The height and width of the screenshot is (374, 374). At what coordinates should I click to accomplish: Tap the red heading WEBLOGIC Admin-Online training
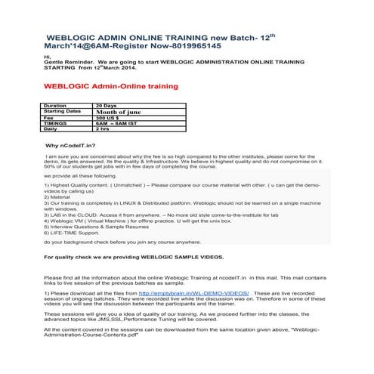[112, 87]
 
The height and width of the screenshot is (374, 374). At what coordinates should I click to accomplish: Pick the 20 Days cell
[107, 106]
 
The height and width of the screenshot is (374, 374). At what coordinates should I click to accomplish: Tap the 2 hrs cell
[104, 129]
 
